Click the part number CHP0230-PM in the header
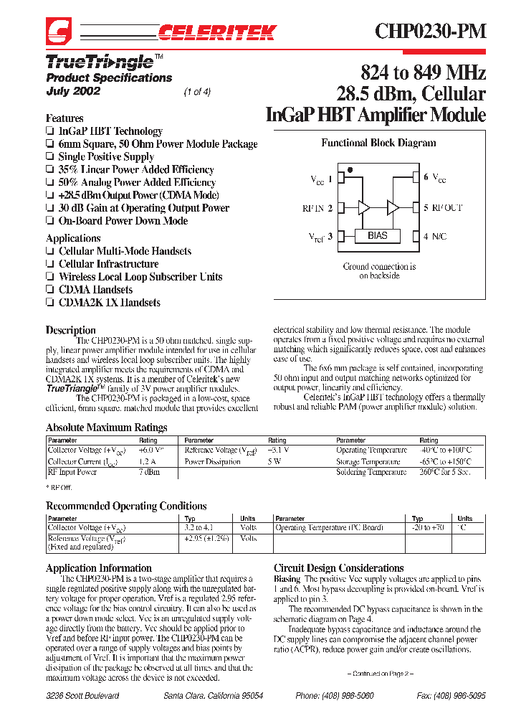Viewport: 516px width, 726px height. tap(431, 31)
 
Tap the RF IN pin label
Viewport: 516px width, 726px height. tap(317, 208)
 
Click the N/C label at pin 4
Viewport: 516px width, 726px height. tap(439, 235)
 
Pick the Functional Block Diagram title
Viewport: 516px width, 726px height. tap(378, 143)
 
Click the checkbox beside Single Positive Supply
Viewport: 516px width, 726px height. tap(50, 157)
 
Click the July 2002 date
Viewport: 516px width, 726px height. tap(73, 91)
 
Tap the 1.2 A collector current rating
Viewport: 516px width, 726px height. tap(148, 462)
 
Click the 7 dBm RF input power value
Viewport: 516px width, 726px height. tap(149, 473)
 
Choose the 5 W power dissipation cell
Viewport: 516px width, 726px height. tap(275, 462)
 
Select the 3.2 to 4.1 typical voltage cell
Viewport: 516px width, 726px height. tap(199, 527)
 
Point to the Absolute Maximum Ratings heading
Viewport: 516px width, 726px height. tap(106, 428)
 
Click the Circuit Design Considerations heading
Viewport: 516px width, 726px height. tap(339, 567)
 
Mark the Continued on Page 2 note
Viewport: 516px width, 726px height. tap(381, 674)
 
